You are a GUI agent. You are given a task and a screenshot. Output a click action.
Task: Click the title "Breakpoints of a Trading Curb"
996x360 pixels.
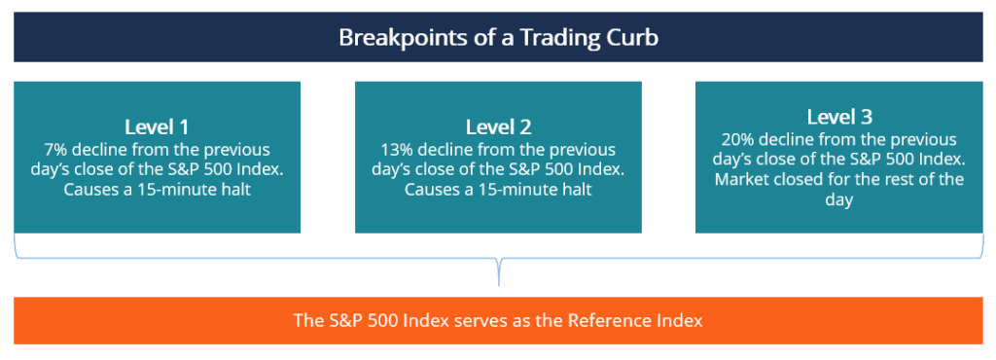[497, 38]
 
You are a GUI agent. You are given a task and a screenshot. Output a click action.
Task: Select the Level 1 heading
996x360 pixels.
[157, 127]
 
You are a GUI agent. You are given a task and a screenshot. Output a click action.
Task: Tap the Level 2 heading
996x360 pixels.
[498, 127]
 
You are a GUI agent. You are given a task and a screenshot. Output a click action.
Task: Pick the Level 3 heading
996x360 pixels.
[838, 118]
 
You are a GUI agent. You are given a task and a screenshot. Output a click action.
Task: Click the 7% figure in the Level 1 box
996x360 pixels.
[56, 150]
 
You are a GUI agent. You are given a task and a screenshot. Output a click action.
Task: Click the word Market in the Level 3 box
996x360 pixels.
[744, 180]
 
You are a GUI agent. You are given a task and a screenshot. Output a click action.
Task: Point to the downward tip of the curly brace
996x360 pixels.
[498, 283]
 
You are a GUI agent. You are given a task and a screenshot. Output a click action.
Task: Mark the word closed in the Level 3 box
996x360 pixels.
[804, 180]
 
